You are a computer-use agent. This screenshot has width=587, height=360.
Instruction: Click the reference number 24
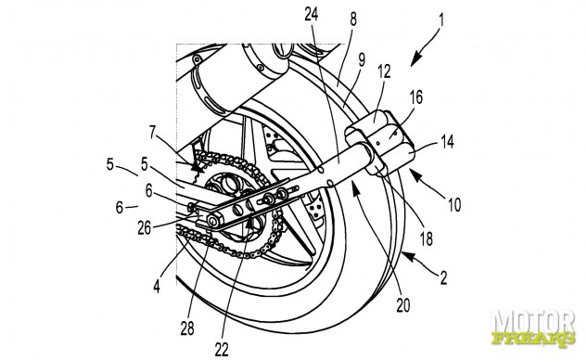tap(311, 14)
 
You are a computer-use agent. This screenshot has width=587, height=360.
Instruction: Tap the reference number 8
tap(353, 19)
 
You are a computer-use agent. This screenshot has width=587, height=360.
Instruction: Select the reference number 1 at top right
tap(441, 19)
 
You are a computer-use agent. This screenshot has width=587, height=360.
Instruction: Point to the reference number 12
tap(384, 71)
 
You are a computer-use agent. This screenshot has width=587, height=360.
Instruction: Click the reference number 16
tap(416, 97)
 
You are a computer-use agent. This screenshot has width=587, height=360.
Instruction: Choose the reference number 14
tap(447, 142)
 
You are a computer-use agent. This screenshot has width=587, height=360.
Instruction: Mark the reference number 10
tap(454, 204)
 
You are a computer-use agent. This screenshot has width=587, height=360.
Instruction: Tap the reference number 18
tap(426, 238)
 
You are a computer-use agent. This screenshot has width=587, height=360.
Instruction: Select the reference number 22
tap(222, 350)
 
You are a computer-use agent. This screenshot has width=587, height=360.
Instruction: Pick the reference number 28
tap(187, 328)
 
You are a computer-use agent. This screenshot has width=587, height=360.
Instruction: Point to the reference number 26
tap(144, 227)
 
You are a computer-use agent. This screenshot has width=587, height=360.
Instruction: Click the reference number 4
tap(157, 287)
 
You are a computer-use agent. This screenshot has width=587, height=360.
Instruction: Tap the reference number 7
tap(152, 133)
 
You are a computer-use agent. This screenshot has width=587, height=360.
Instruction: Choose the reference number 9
tap(362, 60)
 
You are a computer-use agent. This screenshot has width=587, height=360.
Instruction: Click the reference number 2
tap(443, 278)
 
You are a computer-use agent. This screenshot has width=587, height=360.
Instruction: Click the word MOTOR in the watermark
tap(532, 322)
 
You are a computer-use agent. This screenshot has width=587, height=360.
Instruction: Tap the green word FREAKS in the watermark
tap(533, 339)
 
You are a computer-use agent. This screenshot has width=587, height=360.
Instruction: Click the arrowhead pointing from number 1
tap(415, 60)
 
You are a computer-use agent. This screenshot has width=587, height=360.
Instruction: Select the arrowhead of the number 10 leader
tap(415, 174)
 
